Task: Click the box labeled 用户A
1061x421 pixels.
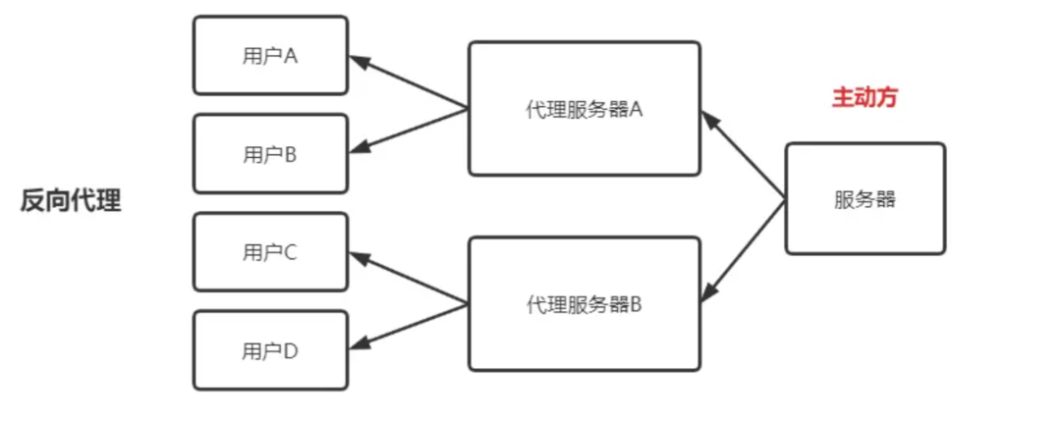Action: (270, 55)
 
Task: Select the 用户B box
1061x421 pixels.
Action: (270, 153)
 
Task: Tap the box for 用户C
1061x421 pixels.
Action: (270, 251)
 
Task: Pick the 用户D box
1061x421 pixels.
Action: (270, 349)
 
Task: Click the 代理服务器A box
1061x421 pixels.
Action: (585, 108)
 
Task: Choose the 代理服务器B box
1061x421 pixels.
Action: (585, 303)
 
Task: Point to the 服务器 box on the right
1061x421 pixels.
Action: (865, 198)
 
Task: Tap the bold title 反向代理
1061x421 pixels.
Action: (71, 200)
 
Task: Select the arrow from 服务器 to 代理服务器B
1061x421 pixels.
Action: (745, 249)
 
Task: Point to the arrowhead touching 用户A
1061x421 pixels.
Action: (359, 62)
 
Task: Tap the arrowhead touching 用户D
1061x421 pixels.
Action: (359, 344)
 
